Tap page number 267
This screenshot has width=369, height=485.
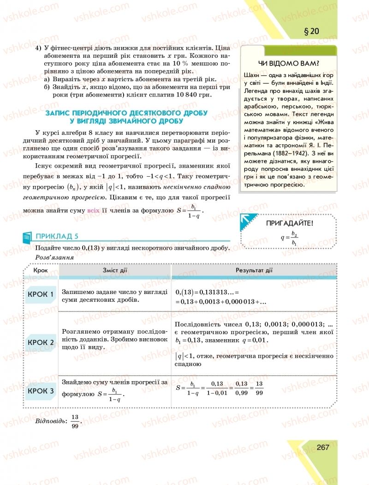tap(322, 447)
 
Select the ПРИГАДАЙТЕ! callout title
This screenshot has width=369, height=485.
tap(290, 223)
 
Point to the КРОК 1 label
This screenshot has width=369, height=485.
tap(41, 294)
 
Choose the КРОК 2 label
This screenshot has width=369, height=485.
tap(41, 342)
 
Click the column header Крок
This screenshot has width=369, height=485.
tap(41, 270)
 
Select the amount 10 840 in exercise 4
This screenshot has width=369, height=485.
tap(189, 95)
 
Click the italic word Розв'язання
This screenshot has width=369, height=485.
tap(54, 257)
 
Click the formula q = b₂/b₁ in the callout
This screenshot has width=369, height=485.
tap(289, 238)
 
